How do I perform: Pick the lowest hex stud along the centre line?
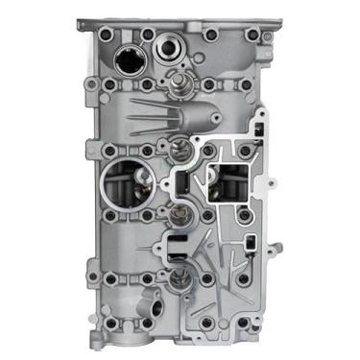178,280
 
